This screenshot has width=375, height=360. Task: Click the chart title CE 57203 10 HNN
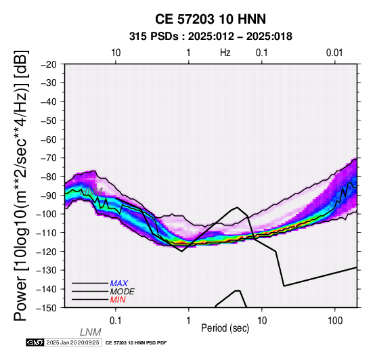pos(211,19)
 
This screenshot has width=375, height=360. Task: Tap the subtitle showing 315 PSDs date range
pos(211,37)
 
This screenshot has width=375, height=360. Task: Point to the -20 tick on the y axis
pos(49,64)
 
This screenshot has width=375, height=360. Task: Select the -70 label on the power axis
pos(49,158)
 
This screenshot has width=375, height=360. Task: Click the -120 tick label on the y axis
pos(47,252)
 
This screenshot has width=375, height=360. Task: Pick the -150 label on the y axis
pos(47,308)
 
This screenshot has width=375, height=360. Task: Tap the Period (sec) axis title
pos(225,328)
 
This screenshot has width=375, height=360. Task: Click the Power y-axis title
pos(20,185)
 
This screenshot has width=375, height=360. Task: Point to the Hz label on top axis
pos(225,53)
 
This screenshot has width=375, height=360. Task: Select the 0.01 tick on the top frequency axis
pos(334,53)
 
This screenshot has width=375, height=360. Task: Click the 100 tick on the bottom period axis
pos(335,321)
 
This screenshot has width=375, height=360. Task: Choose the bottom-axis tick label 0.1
pos(115,321)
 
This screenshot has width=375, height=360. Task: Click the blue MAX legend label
pos(119,284)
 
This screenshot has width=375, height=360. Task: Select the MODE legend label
pos(123,292)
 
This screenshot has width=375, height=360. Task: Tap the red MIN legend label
pos(118,300)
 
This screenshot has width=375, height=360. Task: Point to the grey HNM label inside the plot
pos(92,192)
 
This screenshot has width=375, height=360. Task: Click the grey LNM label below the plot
pos(91,332)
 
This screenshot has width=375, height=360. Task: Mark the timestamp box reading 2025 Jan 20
pos(72,342)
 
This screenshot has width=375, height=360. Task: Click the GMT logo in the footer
pos(35,342)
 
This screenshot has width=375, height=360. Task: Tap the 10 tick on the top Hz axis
pos(116,53)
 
